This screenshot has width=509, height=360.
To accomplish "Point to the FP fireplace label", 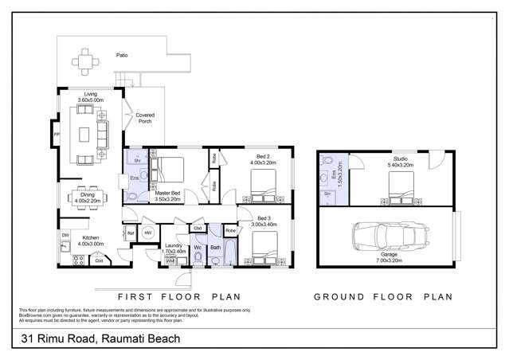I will pos(56,135).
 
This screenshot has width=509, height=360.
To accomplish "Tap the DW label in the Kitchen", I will pos(65,235).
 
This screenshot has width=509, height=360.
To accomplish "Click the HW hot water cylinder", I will pos(149,233).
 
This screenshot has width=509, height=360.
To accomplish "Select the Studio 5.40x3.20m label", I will pos(401,162).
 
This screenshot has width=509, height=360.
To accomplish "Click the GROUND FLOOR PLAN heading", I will pos(382,296).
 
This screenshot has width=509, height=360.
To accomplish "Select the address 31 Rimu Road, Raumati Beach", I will pos(100,338).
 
